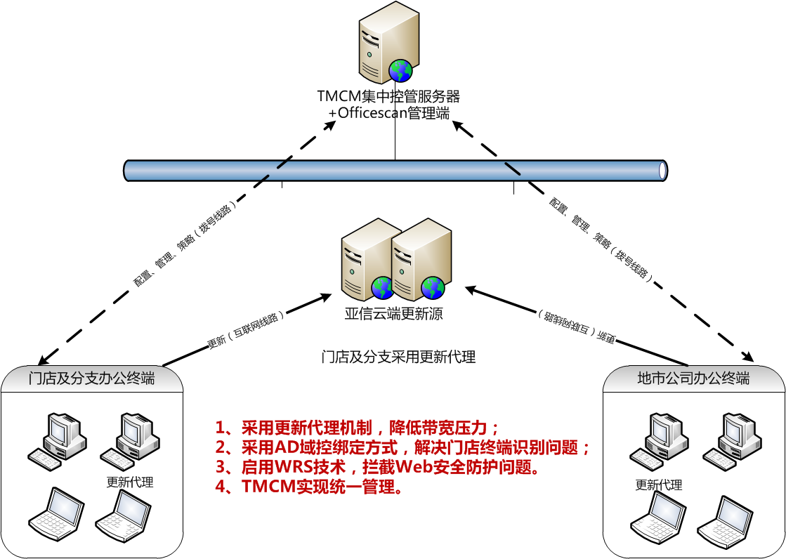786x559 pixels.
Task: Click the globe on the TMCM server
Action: click(401, 70)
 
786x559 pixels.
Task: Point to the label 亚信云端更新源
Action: click(393, 314)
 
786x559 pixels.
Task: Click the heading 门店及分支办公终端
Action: click(92, 379)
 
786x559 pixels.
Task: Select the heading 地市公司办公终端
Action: click(693, 379)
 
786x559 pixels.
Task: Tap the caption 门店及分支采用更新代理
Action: click(398, 357)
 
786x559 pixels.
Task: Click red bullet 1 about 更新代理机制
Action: click(357, 428)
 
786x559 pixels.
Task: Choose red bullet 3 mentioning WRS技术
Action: click(378, 467)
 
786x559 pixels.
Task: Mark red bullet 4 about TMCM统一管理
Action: click(309, 487)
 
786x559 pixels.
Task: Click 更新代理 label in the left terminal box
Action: click(130, 482)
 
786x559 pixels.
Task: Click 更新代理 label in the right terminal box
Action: click(659, 485)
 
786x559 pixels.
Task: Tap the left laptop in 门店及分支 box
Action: click(55, 514)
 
